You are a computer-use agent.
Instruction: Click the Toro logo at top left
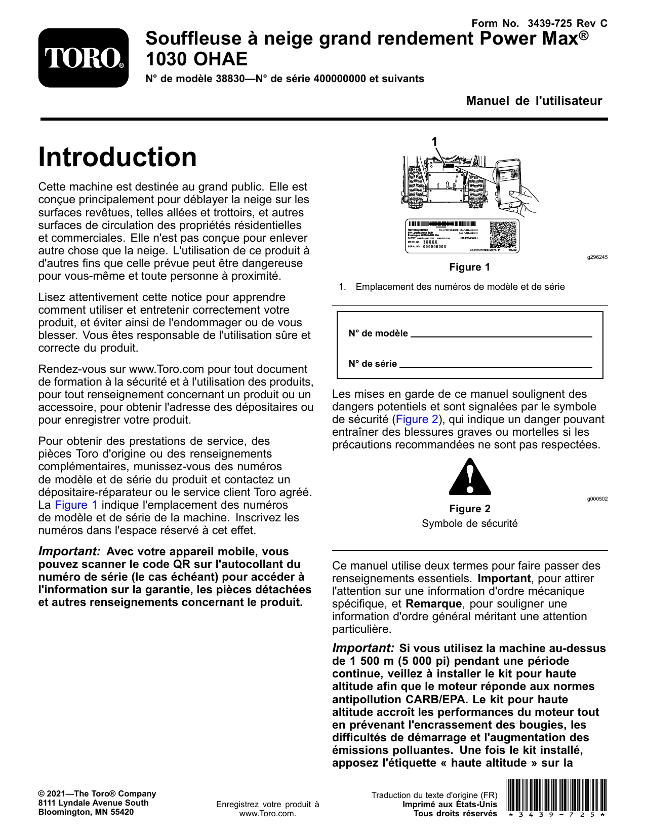tap(84, 58)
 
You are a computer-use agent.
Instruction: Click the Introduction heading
tap(117, 157)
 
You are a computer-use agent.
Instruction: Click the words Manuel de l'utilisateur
tap(534, 101)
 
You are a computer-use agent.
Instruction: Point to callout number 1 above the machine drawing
tap(434, 142)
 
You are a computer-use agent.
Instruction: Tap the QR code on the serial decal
tap(504, 235)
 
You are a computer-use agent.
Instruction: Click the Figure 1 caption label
tap(469, 267)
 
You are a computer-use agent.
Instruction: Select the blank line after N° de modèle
tap(501, 335)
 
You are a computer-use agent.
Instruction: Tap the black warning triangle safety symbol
tap(470, 477)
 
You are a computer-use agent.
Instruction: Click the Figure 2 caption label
tap(469, 509)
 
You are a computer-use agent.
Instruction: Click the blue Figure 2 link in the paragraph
tap(417, 420)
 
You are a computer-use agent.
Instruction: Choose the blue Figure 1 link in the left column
tap(76, 505)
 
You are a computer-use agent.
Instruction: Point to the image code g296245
tap(597, 257)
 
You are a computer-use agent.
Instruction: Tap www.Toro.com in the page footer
tap(267, 814)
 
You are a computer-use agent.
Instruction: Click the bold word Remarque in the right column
tap(433, 604)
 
